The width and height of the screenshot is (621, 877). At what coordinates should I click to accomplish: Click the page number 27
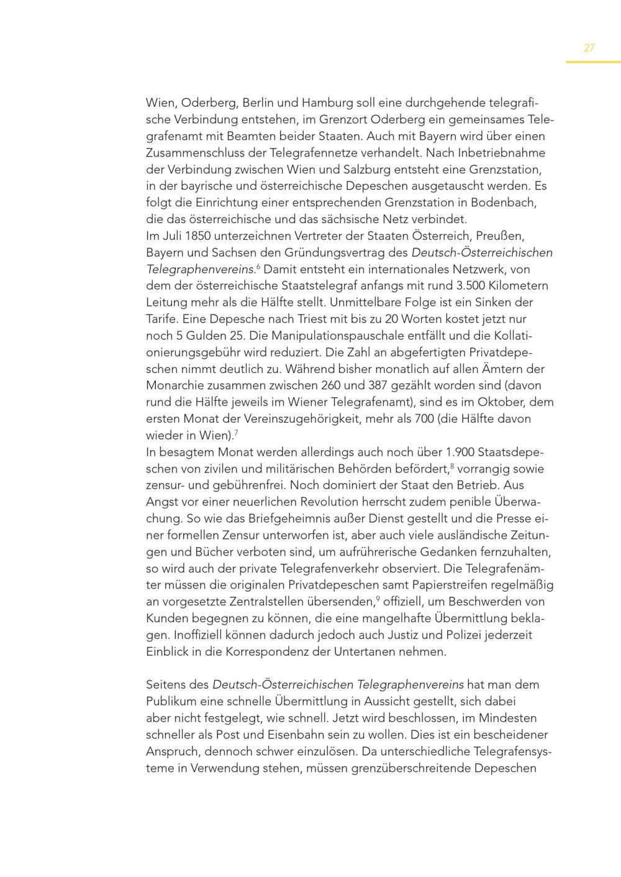(589, 48)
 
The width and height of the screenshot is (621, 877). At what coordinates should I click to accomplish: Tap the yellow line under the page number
(593, 62)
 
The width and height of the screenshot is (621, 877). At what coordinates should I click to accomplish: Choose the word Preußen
(505, 236)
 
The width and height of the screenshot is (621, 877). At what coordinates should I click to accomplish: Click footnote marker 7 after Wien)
(237, 432)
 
